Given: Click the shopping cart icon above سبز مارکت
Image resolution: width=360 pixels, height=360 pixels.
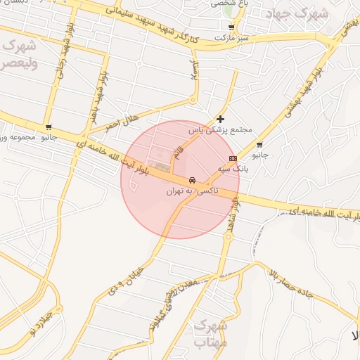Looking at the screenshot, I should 231,27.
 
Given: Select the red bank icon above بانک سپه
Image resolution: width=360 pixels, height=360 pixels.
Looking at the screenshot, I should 233,159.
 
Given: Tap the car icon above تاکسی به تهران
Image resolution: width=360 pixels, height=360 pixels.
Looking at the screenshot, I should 192,180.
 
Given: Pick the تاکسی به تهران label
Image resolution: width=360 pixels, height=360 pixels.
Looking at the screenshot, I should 192,191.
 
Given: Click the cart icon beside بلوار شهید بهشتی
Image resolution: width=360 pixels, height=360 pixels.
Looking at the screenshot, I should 259,145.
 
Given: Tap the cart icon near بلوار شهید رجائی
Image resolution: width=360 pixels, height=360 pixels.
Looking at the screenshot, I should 49,127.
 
